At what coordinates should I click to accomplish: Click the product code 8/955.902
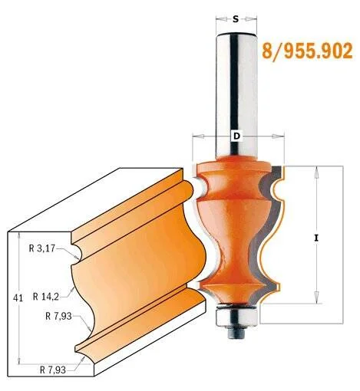click(x=307, y=51)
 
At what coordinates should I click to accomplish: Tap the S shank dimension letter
click(x=236, y=19)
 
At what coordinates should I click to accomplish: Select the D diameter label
click(x=237, y=136)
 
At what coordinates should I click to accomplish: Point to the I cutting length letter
click(x=316, y=238)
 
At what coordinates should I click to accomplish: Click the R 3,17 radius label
click(x=42, y=248)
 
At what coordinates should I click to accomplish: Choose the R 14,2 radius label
click(x=46, y=297)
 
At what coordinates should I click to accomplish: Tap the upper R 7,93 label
click(x=58, y=317)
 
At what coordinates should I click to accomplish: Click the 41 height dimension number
click(x=18, y=298)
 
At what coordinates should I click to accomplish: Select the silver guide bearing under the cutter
click(x=236, y=315)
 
